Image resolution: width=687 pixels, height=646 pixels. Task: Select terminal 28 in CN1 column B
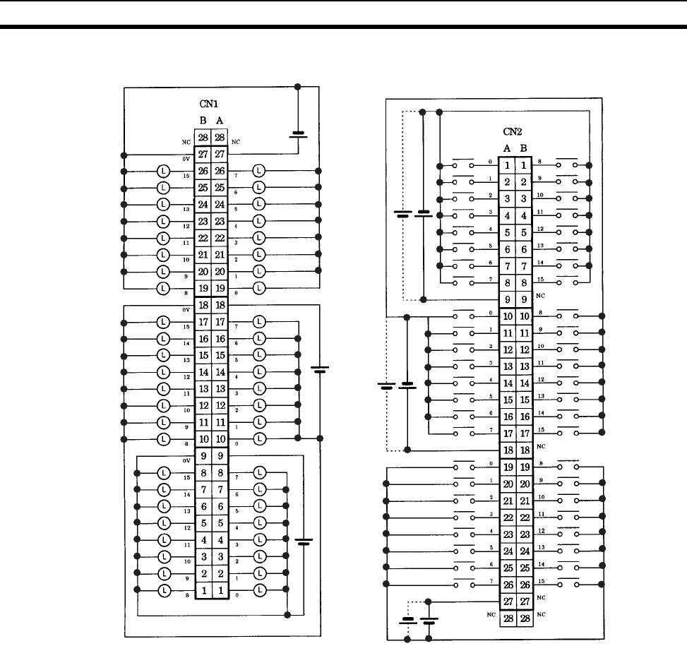point(203,138)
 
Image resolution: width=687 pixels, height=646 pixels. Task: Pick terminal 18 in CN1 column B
point(203,305)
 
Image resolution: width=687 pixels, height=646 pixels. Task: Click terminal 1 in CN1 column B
point(203,589)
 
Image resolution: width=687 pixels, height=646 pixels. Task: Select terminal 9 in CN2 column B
point(523,299)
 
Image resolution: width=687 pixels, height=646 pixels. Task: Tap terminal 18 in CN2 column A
point(506,450)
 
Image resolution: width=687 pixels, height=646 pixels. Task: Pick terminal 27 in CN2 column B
point(523,600)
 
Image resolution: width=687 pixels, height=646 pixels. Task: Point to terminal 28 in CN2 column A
point(506,617)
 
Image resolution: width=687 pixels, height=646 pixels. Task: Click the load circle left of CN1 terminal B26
point(163,172)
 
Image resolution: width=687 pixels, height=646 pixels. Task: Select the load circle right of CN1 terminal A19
point(259,288)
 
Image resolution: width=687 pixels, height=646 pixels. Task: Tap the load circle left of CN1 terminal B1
point(163,590)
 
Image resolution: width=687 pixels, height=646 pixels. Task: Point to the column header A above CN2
point(506,148)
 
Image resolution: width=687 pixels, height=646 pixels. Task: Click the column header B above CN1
point(203,121)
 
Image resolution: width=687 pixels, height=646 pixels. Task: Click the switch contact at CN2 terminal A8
point(463,282)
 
